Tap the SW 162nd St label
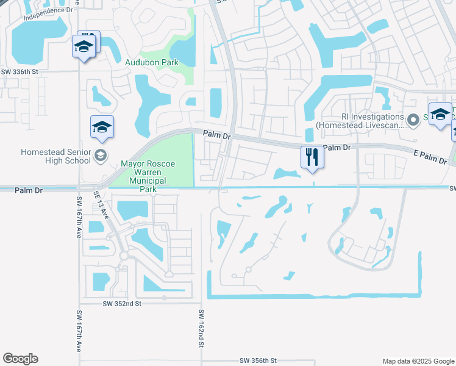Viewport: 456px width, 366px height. [x=201, y=329]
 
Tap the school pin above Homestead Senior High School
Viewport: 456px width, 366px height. [x=102, y=127]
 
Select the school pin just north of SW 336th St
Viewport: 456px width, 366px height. [x=84, y=46]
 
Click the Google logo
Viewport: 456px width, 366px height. [x=20, y=359]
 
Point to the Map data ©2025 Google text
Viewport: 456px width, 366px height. [x=418, y=361]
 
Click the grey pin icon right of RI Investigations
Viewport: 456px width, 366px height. [x=413, y=119]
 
